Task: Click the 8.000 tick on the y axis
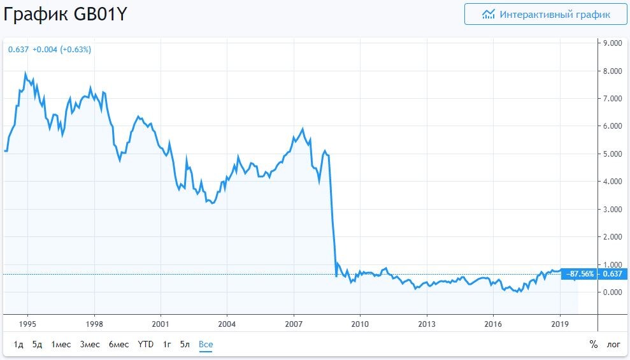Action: [x=612, y=71]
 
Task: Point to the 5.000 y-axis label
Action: [x=612, y=154]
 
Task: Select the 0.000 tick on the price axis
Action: [x=612, y=292]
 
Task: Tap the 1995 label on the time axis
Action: [x=27, y=324]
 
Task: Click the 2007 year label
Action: [x=294, y=324]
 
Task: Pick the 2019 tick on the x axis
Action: [x=560, y=324]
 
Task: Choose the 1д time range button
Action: [x=18, y=344]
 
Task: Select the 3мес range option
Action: [x=89, y=344]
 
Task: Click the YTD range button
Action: [x=146, y=344]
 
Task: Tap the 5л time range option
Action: [x=185, y=344]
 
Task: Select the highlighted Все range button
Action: [x=206, y=344]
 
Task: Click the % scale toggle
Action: [x=594, y=344]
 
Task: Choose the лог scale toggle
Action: [x=613, y=344]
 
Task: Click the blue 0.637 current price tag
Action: [x=613, y=274]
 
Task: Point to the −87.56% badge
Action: [x=580, y=274]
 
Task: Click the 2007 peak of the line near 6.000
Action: [x=303, y=129]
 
